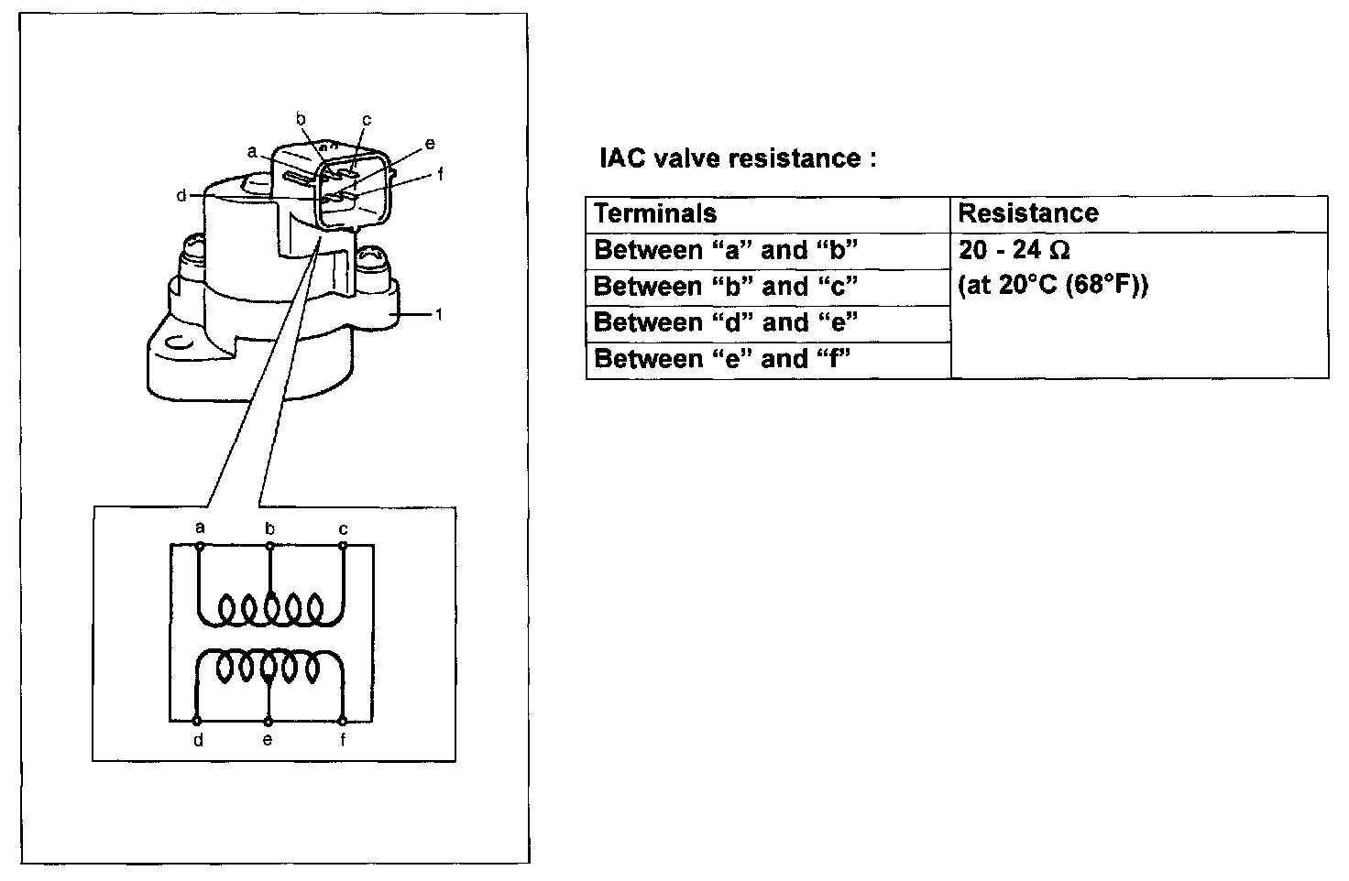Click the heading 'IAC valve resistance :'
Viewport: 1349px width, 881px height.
click(x=738, y=158)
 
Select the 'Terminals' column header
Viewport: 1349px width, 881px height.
click(x=655, y=213)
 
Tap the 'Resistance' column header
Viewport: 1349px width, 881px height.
click(x=1028, y=213)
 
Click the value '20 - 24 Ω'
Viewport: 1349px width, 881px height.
click(x=1014, y=250)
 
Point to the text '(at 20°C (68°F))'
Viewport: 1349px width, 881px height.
click(x=1053, y=285)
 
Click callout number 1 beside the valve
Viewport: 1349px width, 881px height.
click(x=439, y=314)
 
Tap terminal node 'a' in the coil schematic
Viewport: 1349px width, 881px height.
click(x=201, y=546)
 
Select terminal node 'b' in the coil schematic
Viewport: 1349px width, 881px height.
click(x=269, y=546)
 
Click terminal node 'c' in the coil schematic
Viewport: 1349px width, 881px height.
click(x=343, y=546)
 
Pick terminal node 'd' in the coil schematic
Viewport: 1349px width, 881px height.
click(x=196, y=721)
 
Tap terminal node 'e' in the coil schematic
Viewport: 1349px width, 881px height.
click(x=269, y=722)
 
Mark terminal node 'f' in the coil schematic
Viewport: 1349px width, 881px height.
click(x=342, y=721)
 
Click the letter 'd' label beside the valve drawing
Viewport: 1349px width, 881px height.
click(x=181, y=195)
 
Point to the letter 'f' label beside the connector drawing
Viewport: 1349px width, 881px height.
click(x=441, y=174)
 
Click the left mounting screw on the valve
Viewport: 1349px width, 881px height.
click(x=192, y=256)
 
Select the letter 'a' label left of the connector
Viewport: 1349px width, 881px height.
click(x=252, y=152)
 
